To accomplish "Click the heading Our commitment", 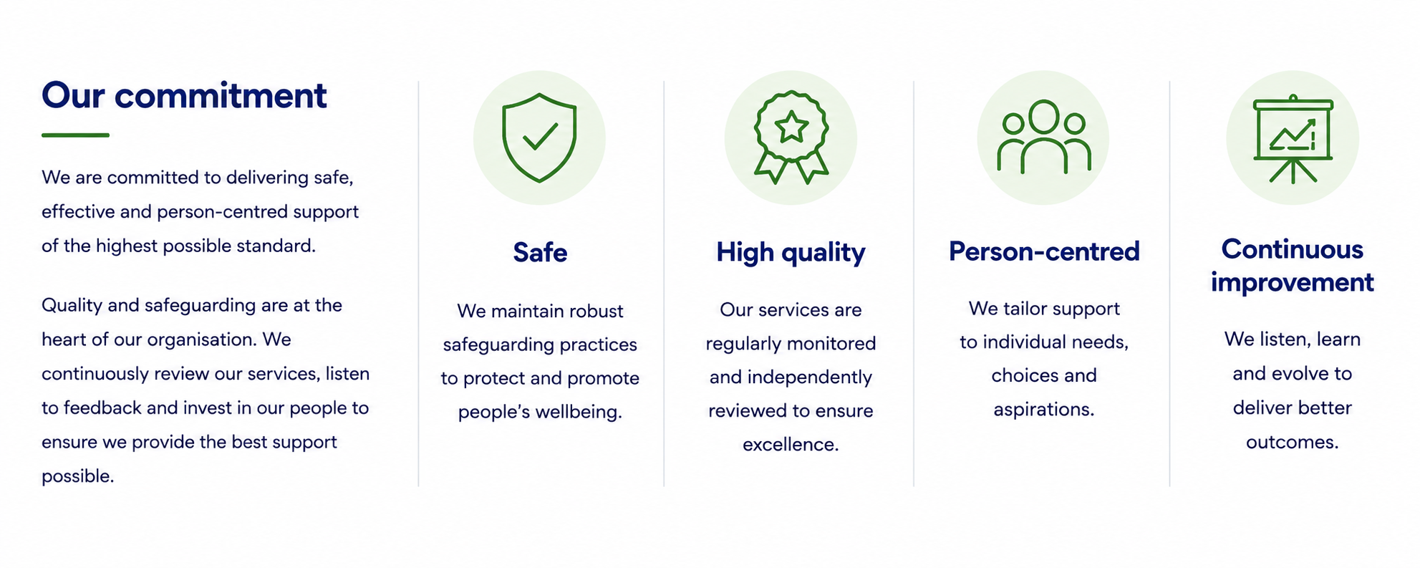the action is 184,96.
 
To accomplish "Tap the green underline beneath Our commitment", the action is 75,135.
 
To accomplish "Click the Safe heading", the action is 540,253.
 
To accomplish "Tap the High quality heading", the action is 791,253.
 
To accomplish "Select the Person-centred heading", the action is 1044,251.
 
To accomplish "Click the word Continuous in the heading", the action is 1293,249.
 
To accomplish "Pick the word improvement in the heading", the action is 1293,283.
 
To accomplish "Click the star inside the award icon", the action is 791,127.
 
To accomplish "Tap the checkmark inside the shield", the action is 541,135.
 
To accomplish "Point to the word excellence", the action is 791,445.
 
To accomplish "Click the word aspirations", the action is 1044,410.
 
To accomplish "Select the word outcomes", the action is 1293,442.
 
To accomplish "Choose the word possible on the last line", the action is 77,476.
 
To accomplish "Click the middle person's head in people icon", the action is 1044,116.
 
